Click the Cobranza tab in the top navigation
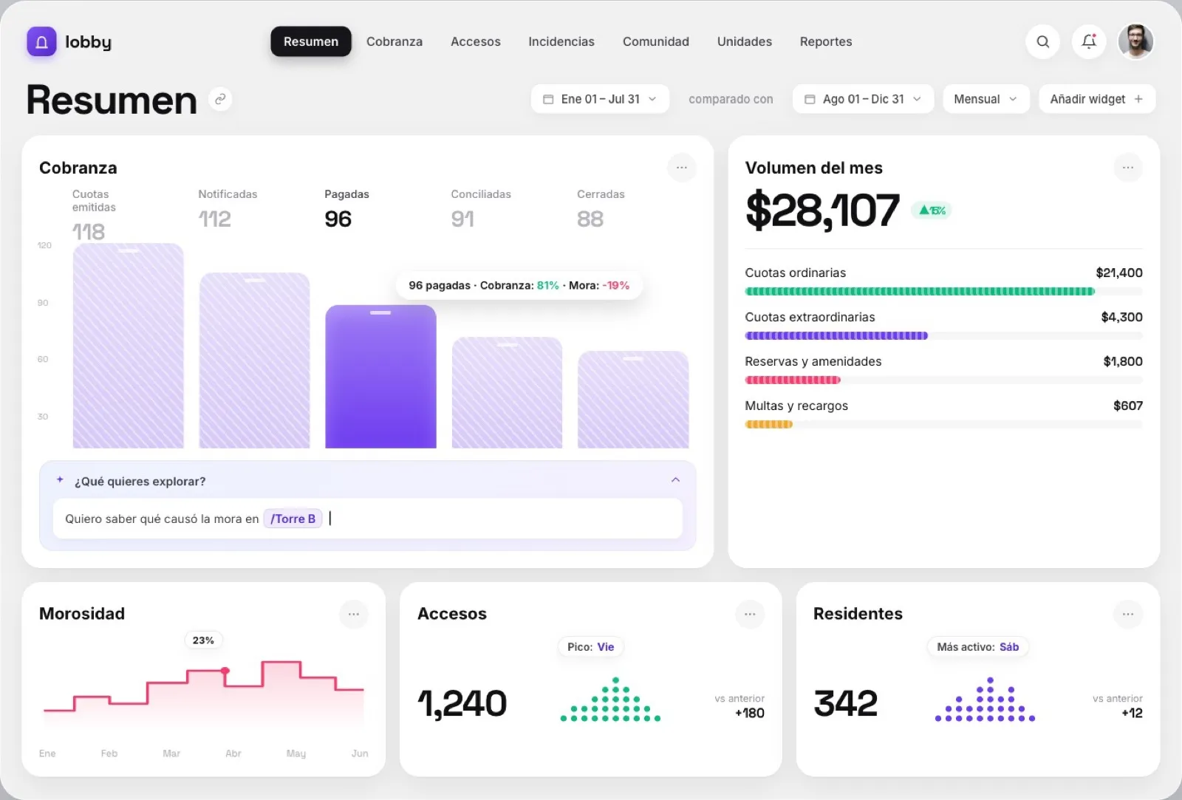394,41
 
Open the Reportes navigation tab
826,41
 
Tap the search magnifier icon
1042,41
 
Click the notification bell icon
1089,41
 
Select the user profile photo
1135,41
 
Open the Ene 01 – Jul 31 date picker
600,99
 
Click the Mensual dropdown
985,99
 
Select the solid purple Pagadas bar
380,377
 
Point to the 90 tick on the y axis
43,303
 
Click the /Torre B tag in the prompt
293,519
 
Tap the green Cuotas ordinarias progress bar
920,291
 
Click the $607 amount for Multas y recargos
1127,406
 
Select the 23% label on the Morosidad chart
203,640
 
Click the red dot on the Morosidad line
225,671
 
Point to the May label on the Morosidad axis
296,753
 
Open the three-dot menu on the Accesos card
750,615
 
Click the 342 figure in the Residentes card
845,703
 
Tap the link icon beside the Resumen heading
220,99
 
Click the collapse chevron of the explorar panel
675,479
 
